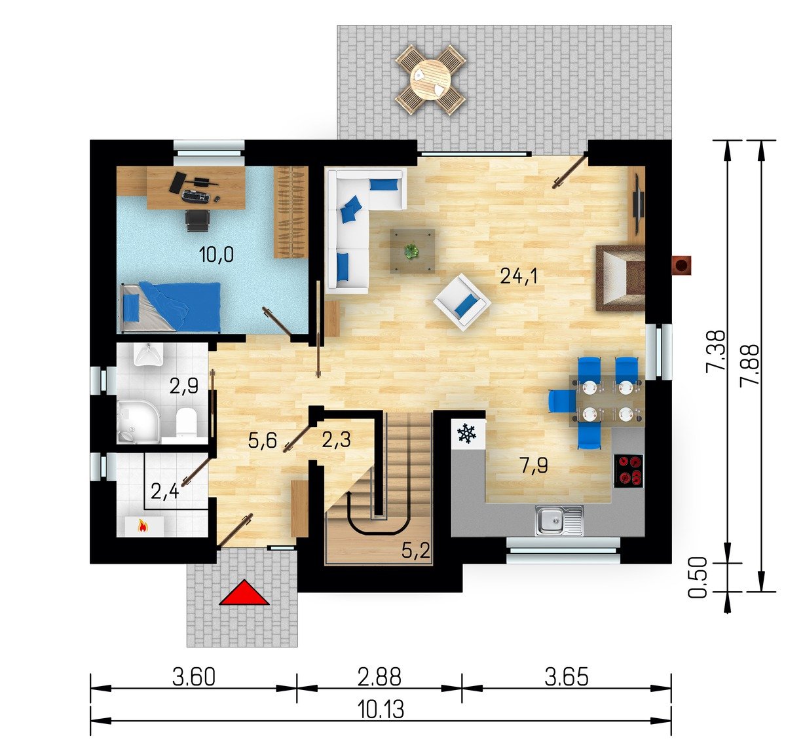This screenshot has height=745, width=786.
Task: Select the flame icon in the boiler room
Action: pos(142,526)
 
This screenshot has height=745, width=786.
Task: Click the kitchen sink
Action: pos(559,520)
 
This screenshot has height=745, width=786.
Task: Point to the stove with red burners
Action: pos(629,471)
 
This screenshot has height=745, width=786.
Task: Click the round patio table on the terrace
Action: pos(431,80)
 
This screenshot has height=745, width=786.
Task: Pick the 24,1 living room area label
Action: pos(519,276)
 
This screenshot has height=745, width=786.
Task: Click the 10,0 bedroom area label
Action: pos(216,254)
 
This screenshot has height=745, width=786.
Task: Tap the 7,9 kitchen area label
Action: pos(534,465)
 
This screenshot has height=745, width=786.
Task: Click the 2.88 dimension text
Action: pos(379,677)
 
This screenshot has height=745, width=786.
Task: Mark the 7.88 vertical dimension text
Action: pos(749,365)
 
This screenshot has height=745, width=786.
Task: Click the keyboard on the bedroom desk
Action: pos(195,196)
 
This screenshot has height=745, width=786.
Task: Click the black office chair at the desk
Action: pos(197,221)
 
